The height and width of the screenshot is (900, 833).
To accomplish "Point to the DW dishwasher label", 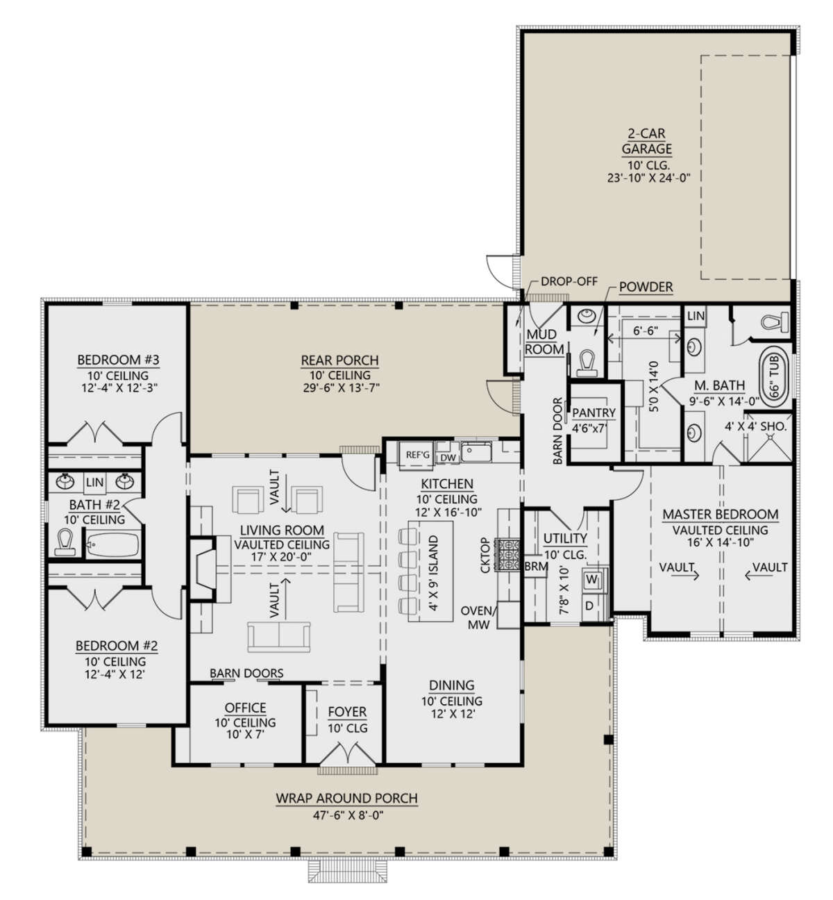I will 448,456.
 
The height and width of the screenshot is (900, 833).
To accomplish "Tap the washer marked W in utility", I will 592,578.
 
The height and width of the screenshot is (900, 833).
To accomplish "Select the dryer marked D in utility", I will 589,606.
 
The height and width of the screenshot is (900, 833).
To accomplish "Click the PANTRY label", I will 594,412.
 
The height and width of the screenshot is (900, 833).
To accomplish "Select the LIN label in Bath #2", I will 94,482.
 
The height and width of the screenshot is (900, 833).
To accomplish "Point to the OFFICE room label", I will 245,708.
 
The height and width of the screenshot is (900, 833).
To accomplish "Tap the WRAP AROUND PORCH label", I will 346,799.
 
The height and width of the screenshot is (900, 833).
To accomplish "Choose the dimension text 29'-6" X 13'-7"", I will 339,387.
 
